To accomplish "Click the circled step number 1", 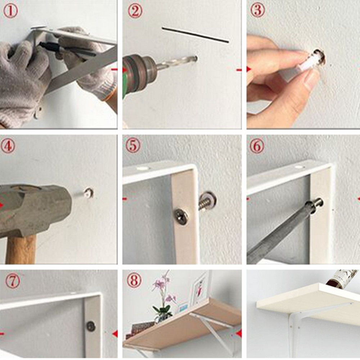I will click(10, 11).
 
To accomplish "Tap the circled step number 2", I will click(135, 11).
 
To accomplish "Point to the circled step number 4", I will click(8, 146).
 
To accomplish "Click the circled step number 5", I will click(132, 146).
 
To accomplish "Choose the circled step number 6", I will click(257, 146).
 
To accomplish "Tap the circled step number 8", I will click(134, 280).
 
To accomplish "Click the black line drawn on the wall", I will click(195, 35).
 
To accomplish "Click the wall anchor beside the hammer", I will click(89, 193).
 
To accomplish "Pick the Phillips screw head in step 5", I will click(181, 217).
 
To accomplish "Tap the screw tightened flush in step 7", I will click(91, 326).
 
